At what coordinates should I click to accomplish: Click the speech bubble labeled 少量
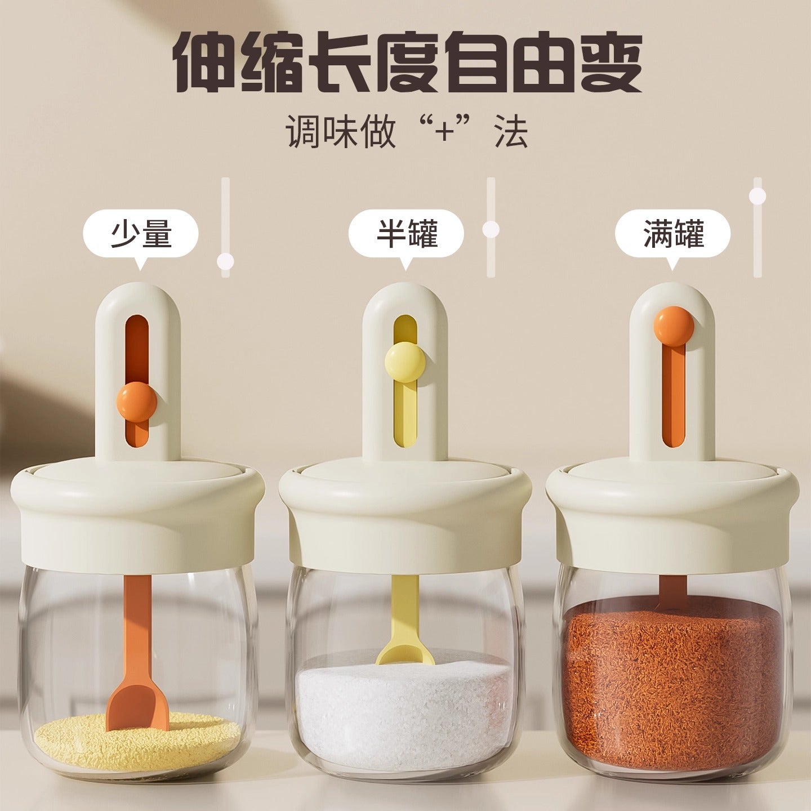(141, 234)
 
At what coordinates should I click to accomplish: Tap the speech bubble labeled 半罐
(406, 234)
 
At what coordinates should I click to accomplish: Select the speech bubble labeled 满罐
(672, 234)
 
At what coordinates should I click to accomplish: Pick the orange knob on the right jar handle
(674, 326)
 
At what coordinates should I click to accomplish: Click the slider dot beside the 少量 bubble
(226, 261)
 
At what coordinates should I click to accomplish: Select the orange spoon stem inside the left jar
(136, 625)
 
